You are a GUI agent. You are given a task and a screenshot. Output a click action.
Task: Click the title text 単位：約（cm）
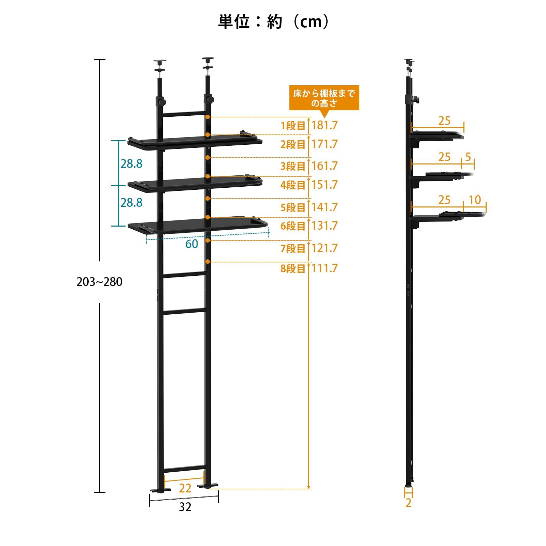tap(274, 22)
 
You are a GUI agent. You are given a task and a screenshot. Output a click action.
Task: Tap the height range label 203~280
tap(99, 282)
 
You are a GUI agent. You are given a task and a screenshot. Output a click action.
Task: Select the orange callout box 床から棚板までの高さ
tap(324, 98)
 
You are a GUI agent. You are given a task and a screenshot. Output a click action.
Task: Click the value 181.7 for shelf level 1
tap(325, 125)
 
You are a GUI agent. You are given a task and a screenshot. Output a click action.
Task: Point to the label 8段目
tap(293, 269)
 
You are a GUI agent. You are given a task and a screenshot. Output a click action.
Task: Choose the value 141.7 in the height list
tap(325, 207)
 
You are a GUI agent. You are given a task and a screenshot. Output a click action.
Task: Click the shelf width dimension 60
tap(192, 244)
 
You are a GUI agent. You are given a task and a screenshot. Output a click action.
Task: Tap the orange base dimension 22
tap(185, 488)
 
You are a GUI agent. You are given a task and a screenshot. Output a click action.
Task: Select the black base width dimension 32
tap(185, 507)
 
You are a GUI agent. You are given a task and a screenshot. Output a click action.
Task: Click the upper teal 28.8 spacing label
tap(131, 164)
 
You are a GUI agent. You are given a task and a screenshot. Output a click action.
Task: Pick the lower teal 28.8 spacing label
tap(131, 203)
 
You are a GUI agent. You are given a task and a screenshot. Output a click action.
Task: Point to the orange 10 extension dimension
tap(475, 200)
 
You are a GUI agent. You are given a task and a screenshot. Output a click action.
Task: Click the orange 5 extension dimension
tap(468, 157)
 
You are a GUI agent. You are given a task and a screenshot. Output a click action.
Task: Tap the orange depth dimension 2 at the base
tap(408, 503)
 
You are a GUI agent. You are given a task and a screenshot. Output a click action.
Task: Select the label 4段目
tap(293, 185)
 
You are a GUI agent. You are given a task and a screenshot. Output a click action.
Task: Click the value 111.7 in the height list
tap(325, 268)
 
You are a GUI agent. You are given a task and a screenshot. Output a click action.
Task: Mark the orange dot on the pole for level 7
tap(207, 240)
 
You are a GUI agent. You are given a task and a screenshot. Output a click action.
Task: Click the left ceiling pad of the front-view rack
tap(160, 62)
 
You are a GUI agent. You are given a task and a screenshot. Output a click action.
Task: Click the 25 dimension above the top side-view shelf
tap(444, 121)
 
